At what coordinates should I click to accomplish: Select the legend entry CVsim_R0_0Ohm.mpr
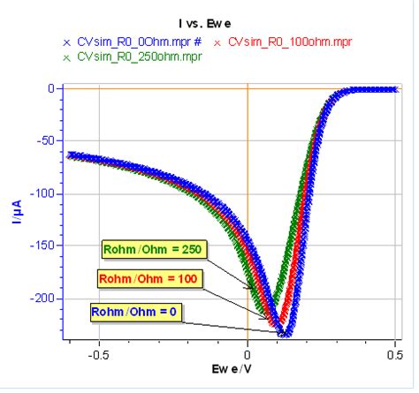click(138, 41)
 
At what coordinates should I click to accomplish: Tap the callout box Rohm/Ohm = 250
click(153, 250)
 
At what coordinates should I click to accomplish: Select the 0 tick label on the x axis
click(248, 355)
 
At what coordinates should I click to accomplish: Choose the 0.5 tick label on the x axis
click(395, 355)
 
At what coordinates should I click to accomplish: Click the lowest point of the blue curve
click(285, 333)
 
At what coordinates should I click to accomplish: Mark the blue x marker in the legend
click(65, 42)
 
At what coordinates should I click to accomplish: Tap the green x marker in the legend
click(65, 57)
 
